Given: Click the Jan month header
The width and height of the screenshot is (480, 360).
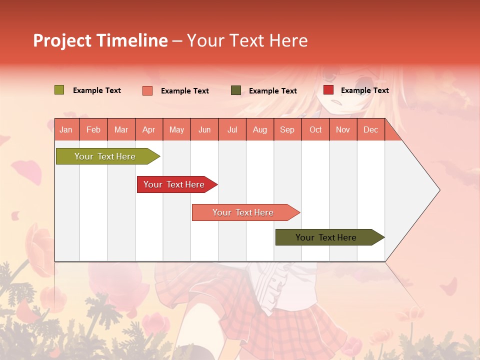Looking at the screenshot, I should pyautogui.click(x=66, y=129).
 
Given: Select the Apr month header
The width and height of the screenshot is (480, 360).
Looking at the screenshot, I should pyautogui.click(x=148, y=129).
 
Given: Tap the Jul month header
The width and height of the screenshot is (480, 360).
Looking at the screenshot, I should pyautogui.click(x=232, y=129).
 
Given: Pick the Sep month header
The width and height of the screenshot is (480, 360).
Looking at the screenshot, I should pyautogui.click(x=287, y=129).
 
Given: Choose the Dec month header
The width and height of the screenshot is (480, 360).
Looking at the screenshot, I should pyautogui.click(x=370, y=129).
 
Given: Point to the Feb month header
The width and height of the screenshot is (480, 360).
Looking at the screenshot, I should pyautogui.click(x=93, y=129).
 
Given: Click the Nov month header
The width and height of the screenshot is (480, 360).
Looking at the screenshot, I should pyautogui.click(x=342, y=129).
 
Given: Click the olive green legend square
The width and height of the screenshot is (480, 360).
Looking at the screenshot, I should pyautogui.click(x=59, y=90).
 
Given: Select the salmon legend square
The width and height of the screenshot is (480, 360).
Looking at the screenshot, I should pyautogui.click(x=147, y=90).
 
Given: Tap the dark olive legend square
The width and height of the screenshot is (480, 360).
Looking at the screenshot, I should pyautogui.click(x=236, y=90).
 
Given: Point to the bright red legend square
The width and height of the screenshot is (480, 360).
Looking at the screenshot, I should pyautogui.click(x=328, y=90).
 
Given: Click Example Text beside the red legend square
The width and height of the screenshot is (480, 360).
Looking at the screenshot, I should pyautogui.click(x=364, y=90).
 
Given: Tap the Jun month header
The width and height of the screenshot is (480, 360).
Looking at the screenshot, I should pyautogui.click(x=204, y=129).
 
